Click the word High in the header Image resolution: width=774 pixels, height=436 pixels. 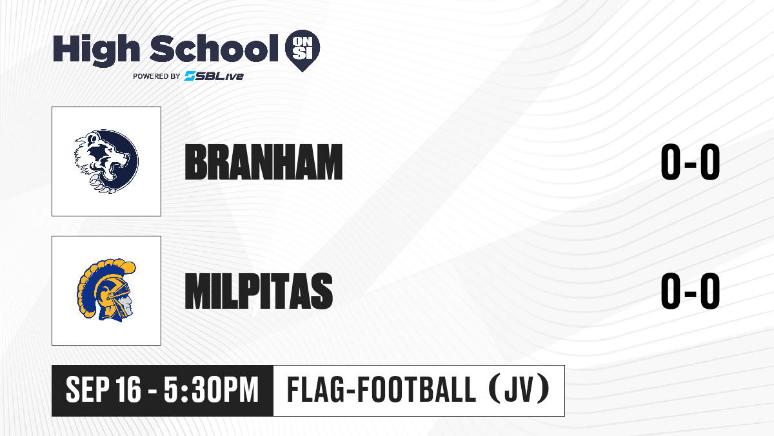pyautogui.click(x=96, y=50)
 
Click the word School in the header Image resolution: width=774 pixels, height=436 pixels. pyautogui.click(x=214, y=48)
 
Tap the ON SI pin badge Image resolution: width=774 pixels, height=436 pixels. pyautogui.click(x=303, y=50)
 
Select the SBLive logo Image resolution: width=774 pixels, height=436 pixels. pyautogui.click(x=213, y=76)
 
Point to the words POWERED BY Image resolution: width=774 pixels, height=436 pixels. pyautogui.click(x=157, y=76)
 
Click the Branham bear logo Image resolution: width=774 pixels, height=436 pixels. pyautogui.click(x=106, y=161)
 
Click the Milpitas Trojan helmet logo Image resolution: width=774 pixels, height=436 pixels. pyautogui.click(x=106, y=290)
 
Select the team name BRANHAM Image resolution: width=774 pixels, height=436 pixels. pyautogui.click(x=264, y=162)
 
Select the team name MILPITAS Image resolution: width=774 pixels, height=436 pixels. pyautogui.click(x=259, y=291)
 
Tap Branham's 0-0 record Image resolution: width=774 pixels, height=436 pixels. pyautogui.click(x=690, y=162)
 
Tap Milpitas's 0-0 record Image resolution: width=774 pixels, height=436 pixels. pyautogui.click(x=690, y=291)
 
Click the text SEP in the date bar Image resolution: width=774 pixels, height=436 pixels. pyautogui.click(x=86, y=390)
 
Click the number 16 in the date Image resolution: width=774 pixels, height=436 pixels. pyautogui.click(x=128, y=390)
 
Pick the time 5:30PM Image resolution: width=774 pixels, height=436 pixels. pyautogui.click(x=211, y=390)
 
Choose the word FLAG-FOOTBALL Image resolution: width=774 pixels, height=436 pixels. pyautogui.click(x=381, y=390)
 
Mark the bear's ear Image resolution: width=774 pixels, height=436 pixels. pyautogui.click(x=92, y=139)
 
